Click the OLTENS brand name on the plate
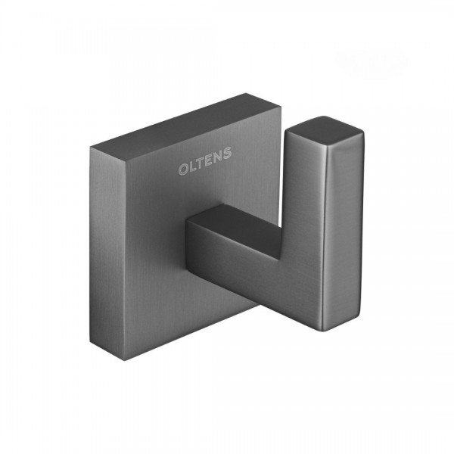(x=205, y=161)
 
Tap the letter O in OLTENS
(x=183, y=169)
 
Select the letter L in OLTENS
(x=192, y=166)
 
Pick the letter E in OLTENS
(x=210, y=160)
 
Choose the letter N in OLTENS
(x=219, y=157)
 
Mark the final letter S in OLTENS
(x=228, y=154)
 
